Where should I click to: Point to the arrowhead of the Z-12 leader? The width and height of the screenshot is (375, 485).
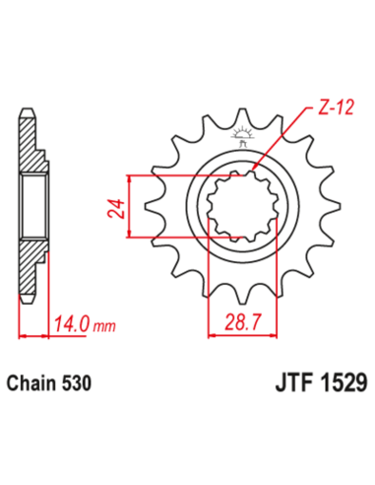coord(258,167)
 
